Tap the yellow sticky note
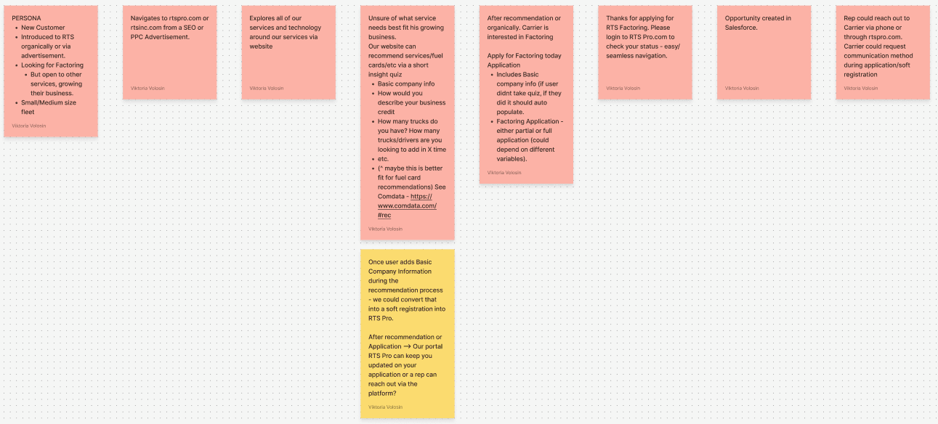click(407, 333)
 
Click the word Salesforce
click(741, 28)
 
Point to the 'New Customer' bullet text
click(43, 28)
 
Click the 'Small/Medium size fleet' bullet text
click(48, 107)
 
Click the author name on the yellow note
click(385, 407)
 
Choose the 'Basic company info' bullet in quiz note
click(406, 84)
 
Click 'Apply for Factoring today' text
click(524, 56)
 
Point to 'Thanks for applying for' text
click(639, 18)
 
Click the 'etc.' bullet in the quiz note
click(383, 159)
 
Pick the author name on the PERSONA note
click(29, 126)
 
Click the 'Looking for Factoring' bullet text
click(52, 65)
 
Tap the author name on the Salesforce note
click(742, 89)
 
